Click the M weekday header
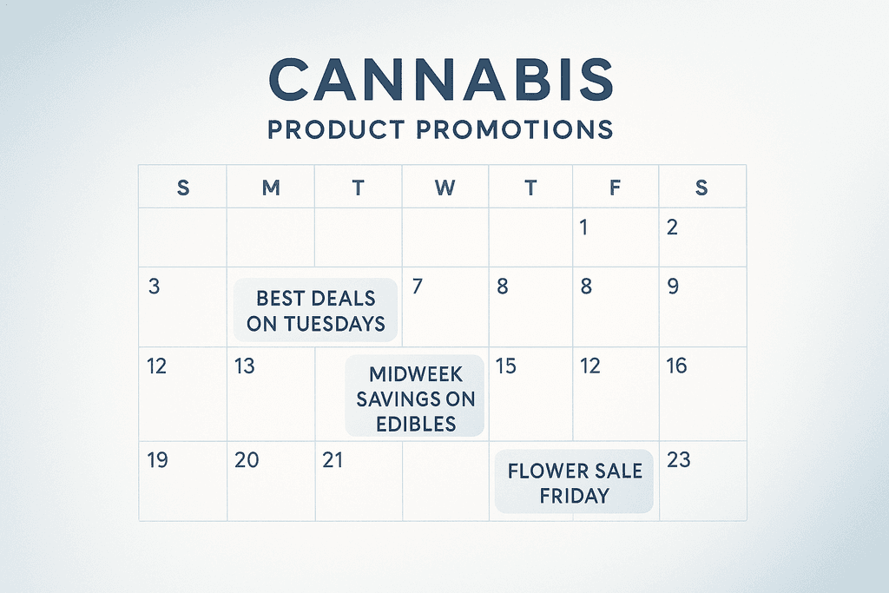pyautogui.click(x=271, y=188)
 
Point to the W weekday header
pyautogui.click(x=444, y=188)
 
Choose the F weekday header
pyautogui.click(x=616, y=188)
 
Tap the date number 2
pyautogui.click(x=672, y=228)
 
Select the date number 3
pyautogui.click(x=154, y=286)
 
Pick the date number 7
pyautogui.click(x=417, y=286)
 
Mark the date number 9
pyautogui.click(x=673, y=286)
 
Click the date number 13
pyautogui.click(x=245, y=366)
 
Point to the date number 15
pyautogui.click(x=505, y=366)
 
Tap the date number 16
pyautogui.click(x=676, y=366)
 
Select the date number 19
pyautogui.click(x=157, y=459)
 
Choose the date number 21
pyautogui.click(x=333, y=459)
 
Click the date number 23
pyautogui.click(x=678, y=459)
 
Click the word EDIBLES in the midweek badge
pyautogui.click(x=417, y=424)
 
